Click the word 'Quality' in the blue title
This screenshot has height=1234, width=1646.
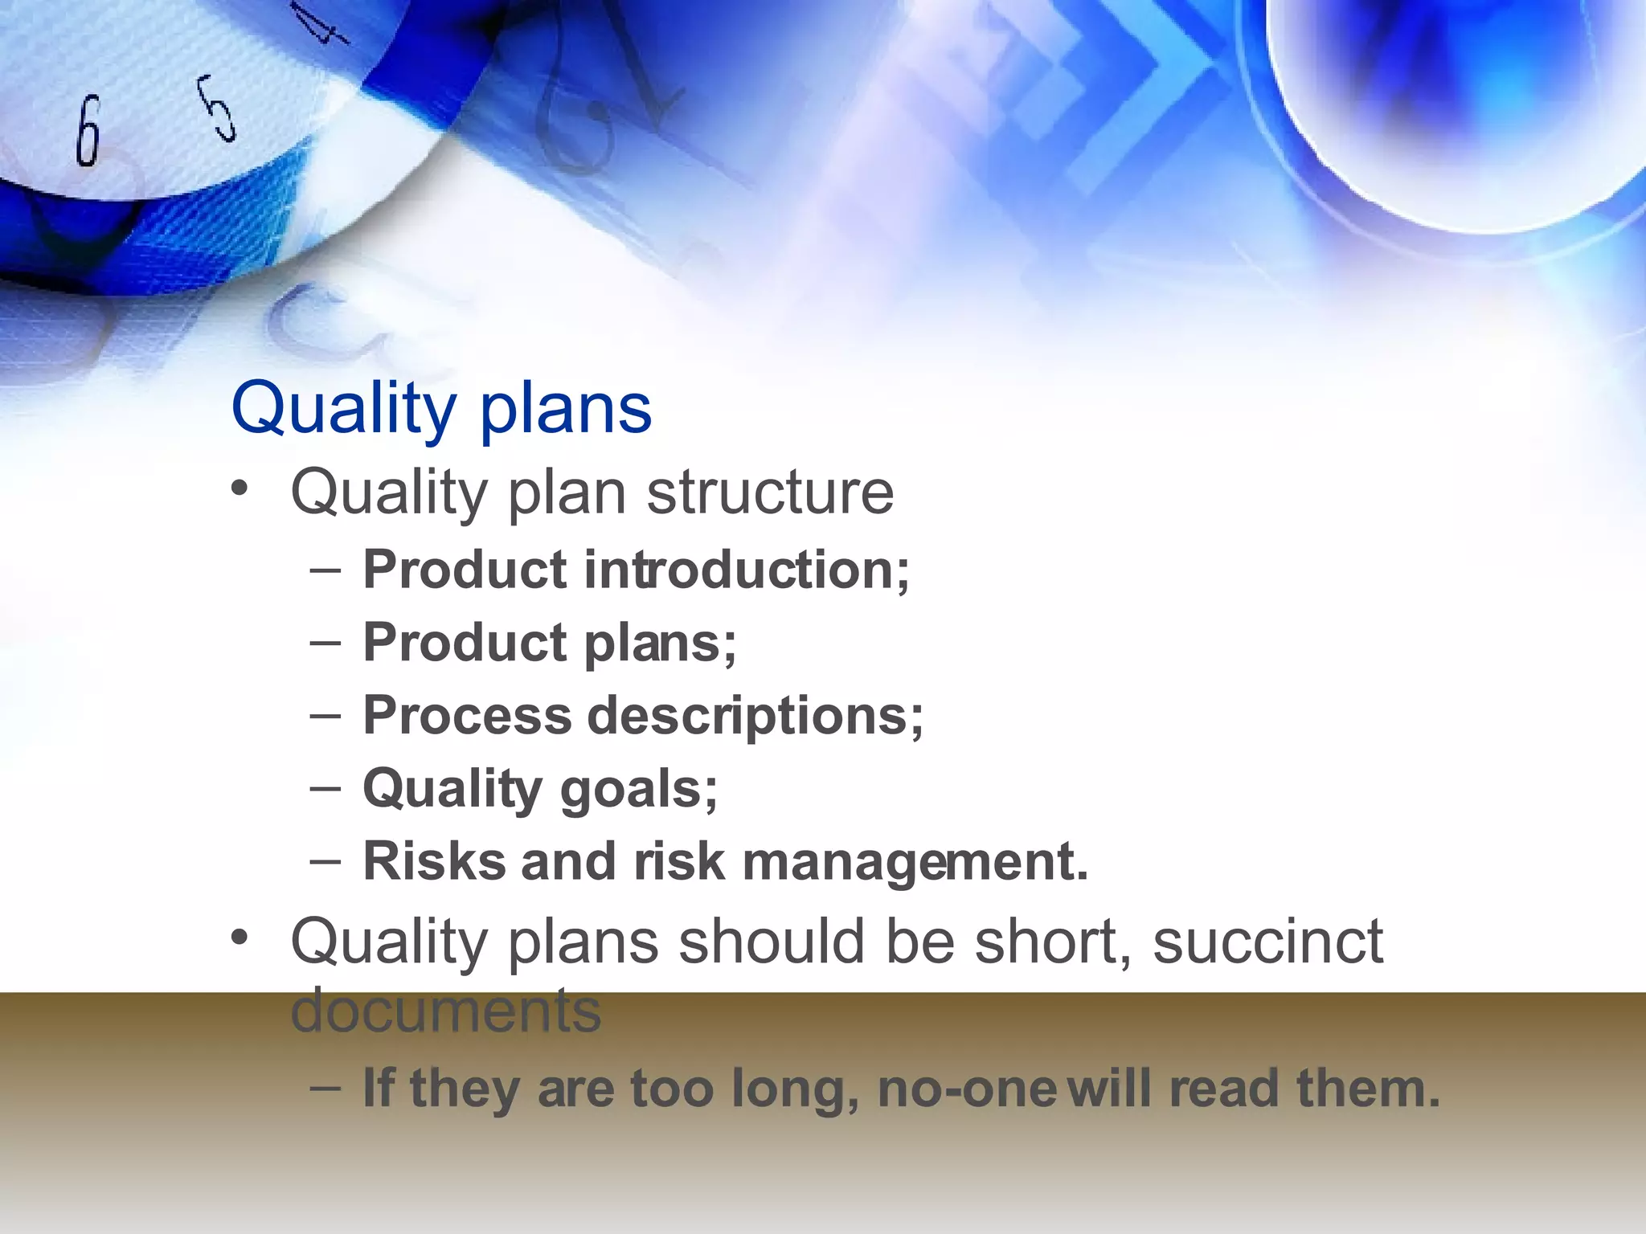(343, 410)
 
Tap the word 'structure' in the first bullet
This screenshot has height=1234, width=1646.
(769, 492)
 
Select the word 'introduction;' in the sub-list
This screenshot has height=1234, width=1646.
(747, 570)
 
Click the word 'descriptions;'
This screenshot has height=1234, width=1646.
(755, 715)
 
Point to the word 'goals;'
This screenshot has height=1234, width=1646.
(638, 789)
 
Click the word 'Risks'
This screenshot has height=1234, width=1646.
(434, 861)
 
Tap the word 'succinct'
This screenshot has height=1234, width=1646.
(1267, 942)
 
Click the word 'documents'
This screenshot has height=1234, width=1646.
(445, 1011)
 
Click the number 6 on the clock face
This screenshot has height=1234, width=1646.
(88, 131)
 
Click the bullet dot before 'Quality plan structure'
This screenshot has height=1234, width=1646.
(238, 489)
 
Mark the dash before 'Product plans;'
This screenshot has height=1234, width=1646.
(325, 644)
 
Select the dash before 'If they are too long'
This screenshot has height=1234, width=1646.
(325, 1089)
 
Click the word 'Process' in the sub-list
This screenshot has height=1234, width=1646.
(467, 715)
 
